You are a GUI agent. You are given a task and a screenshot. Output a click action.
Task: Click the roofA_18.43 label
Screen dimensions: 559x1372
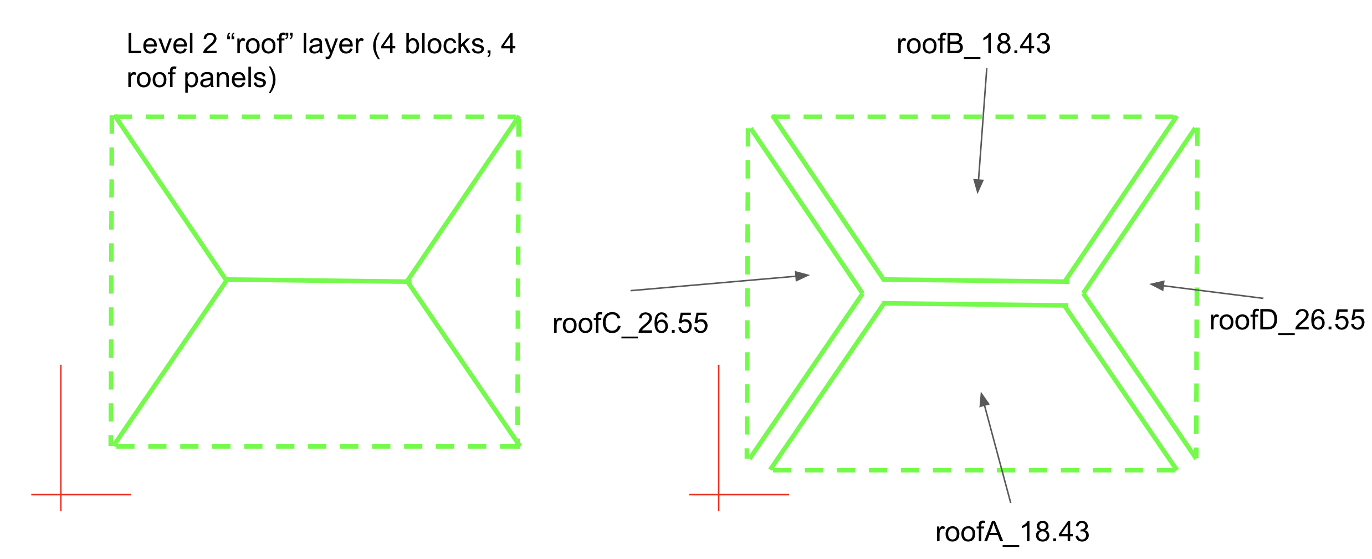(x=1012, y=532)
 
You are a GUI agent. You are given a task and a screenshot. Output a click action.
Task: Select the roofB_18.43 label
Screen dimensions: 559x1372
(x=973, y=44)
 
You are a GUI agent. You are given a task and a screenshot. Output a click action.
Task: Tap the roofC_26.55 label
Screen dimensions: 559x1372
(x=630, y=323)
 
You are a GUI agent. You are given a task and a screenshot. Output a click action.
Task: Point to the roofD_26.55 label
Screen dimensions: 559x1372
(x=1287, y=321)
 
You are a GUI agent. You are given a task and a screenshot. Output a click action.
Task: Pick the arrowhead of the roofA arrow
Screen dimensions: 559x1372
(x=984, y=399)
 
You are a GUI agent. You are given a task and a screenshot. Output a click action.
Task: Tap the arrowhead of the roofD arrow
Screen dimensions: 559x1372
(x=1157, y=285)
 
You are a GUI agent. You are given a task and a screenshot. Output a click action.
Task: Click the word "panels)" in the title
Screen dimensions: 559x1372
(x=231, y=78)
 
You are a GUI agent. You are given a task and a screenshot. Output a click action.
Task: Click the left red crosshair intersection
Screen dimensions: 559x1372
(x=61, y=494)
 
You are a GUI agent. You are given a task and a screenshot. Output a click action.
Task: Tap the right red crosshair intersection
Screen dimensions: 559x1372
(x=719, y=494)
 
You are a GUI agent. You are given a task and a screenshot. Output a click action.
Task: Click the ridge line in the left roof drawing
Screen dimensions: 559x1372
(x=317, y=281)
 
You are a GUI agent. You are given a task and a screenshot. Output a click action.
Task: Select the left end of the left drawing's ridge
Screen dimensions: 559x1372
(x=227, y=279)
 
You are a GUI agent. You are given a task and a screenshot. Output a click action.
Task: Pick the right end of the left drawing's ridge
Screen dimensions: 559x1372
(x=408, y=282)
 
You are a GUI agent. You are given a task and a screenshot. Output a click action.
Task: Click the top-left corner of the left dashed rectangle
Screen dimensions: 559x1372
(x=113, y=117)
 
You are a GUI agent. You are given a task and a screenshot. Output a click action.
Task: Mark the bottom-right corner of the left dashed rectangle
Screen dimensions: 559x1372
(x=518, y=445)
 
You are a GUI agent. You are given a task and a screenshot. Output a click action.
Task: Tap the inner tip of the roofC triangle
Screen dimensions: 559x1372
(x=862, y=293)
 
